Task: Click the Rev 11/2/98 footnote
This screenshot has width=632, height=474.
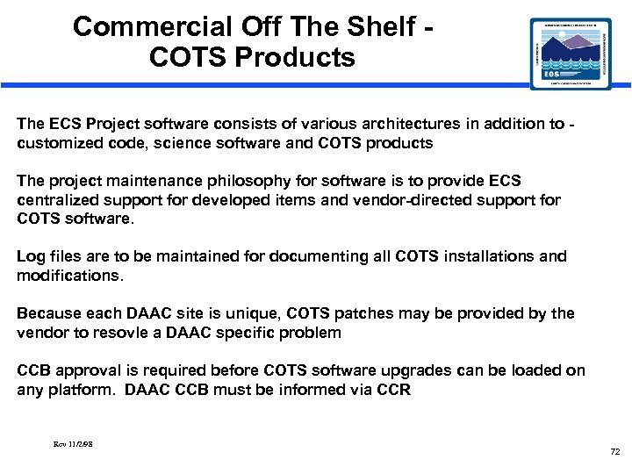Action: click(x=73, y=444)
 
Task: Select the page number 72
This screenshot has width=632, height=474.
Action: click(x=614, y=451)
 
